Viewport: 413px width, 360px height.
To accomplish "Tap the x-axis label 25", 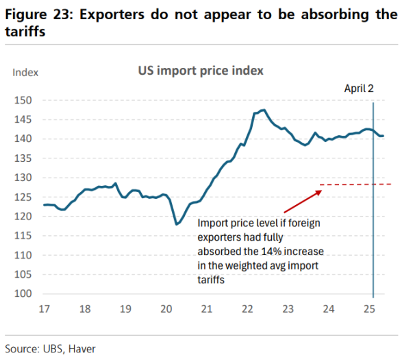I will click(371, 309).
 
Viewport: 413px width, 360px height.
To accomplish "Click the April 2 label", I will click(358, 89).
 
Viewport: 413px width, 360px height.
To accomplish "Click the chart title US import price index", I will click(201, 71).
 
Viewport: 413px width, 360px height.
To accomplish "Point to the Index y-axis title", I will click(25, 72).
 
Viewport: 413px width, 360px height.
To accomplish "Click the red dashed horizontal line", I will click(356, 184).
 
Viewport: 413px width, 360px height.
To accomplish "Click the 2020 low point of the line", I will click(177, 224).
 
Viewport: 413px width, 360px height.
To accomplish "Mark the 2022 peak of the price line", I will click(264, 110).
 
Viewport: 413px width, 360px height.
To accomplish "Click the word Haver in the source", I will click(82, 349).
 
